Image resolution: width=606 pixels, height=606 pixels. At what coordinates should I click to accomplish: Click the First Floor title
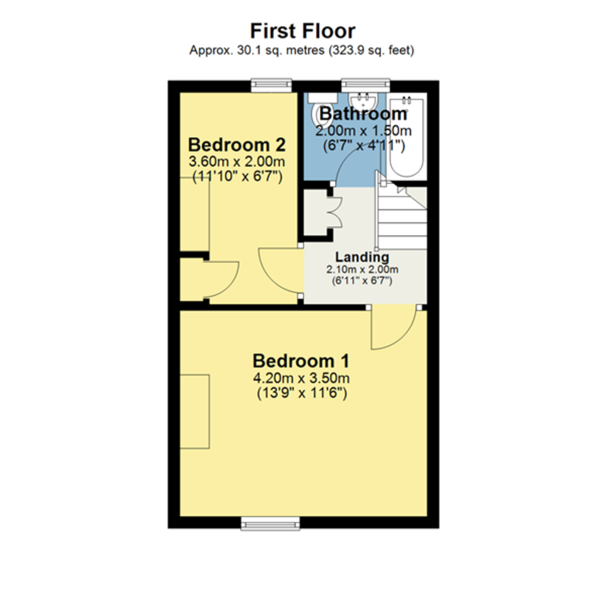tap(302, 31)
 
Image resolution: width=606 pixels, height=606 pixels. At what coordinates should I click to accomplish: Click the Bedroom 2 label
tap(236, 145)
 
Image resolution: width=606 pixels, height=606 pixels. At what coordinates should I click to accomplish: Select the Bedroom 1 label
tap(301, 361)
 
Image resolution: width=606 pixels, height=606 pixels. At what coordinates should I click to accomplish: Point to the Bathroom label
tap(363, 114)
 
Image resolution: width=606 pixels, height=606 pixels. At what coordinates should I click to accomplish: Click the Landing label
tap(362, 258)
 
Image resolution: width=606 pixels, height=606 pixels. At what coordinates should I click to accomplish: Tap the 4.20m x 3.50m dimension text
tap(301, 378)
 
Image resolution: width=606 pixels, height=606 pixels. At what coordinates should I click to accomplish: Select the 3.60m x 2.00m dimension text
tap(236, 162)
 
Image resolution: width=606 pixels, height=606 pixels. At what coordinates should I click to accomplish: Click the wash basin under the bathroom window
tap(363, 99)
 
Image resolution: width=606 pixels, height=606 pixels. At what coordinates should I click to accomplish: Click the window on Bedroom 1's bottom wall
tap(270, 523)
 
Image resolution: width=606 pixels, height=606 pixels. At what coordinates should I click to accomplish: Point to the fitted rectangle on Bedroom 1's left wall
tap(195, 411)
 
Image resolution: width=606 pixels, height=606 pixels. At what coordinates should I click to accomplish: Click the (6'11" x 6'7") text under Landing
tap(362, 281)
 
